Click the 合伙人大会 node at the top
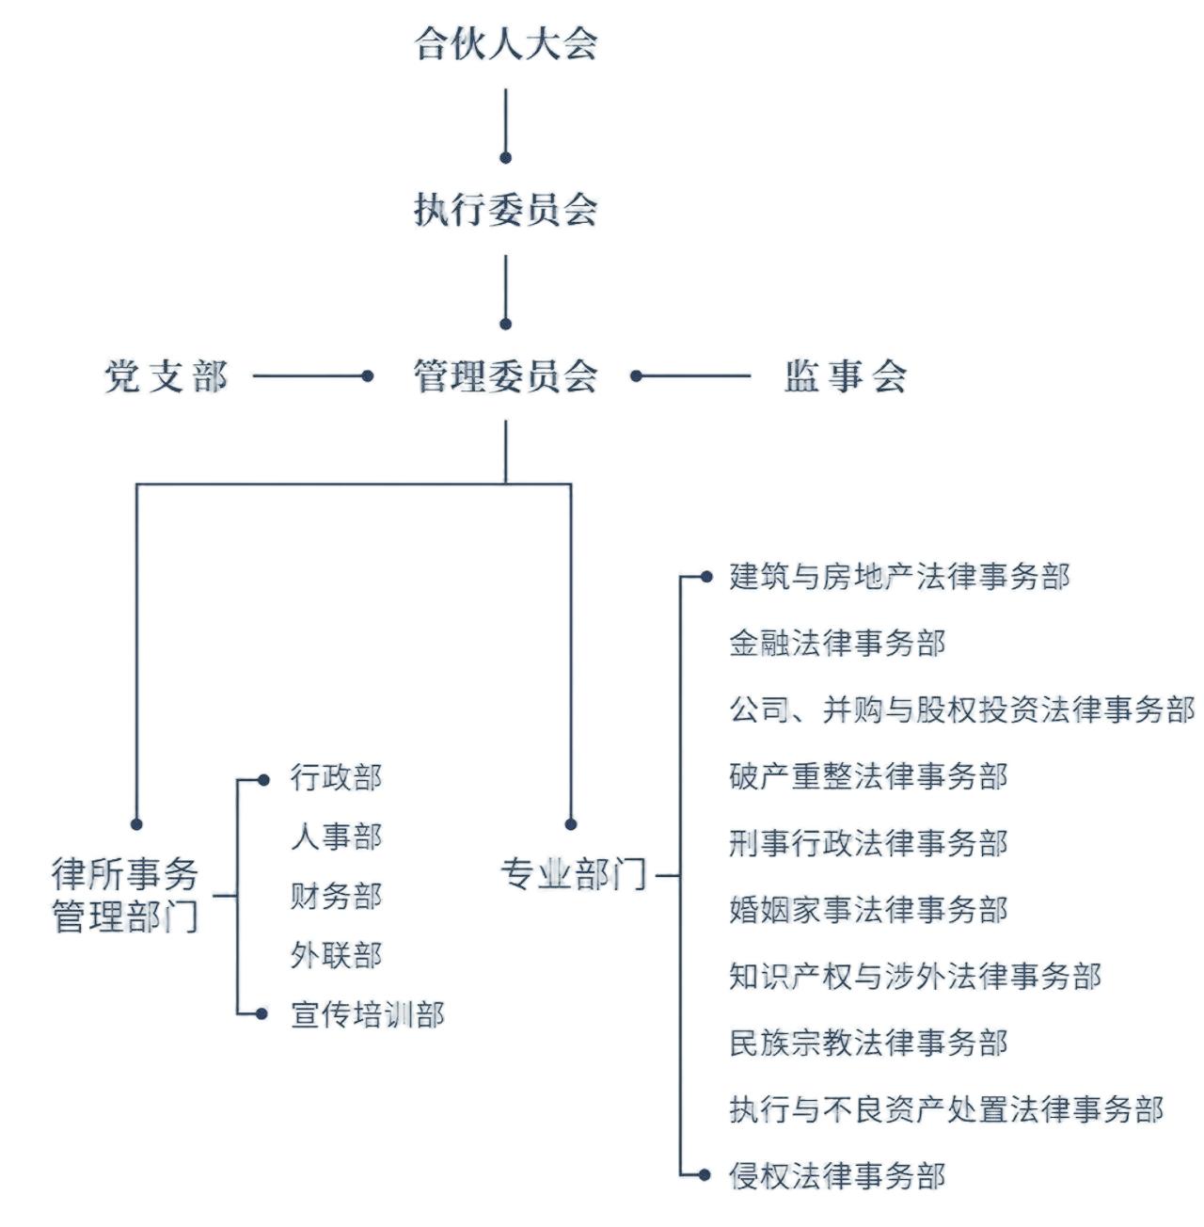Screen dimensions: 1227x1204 tap(506, 43)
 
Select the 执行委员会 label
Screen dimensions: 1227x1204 tap(506, 209)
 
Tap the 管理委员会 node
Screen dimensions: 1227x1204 tap(506, 376)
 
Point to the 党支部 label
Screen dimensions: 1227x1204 tap(166, 376)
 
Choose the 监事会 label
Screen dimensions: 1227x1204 tap(845, 376)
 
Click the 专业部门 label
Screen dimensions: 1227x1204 tap(573, 874)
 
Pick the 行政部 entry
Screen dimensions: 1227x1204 tap(336, 778)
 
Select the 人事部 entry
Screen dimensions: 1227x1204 tap(336, 837)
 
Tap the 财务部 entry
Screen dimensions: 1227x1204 tap(336, 896)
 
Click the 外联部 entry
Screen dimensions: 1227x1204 tap(336, 955)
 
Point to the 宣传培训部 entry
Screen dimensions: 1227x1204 tap(367, 1014)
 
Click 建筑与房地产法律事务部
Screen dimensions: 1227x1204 tap(899, 577)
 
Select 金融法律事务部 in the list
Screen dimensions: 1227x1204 tap(837, 644)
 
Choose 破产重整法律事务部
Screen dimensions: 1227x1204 tap(868, 776)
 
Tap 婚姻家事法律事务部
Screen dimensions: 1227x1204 tap(868, 910)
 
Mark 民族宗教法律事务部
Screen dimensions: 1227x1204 tap(868, 1043)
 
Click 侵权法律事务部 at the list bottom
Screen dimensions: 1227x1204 tap(837, 1175)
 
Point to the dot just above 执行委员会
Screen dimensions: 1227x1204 tap(506, 157)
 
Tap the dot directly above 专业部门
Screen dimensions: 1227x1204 tap(571, 824)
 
